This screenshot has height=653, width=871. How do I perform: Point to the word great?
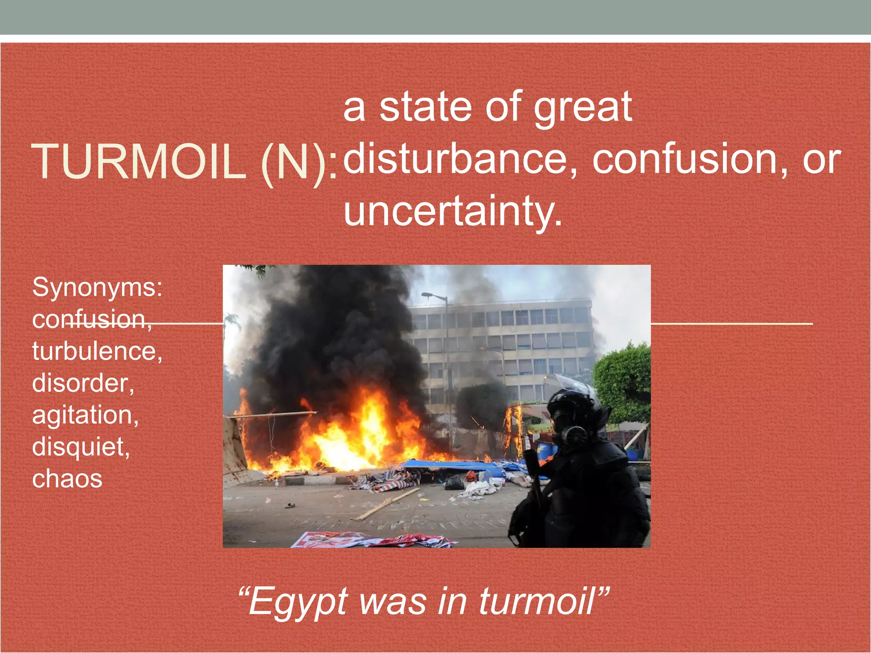point(583,107)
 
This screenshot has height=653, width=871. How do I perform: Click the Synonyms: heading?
point(97,287)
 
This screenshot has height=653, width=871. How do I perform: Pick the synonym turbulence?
point(97,352)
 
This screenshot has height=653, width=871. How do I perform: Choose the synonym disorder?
point(83,383)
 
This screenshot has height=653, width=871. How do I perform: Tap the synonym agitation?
point(85,415)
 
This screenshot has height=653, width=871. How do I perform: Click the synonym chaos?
point(67,479)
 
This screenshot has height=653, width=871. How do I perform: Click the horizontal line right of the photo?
point(732,324)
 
